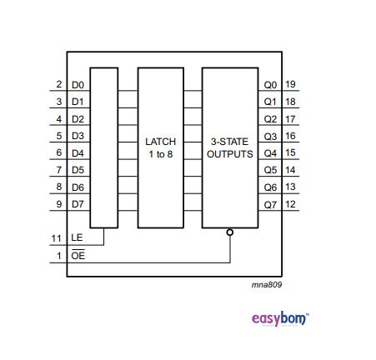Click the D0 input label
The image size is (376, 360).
click(78, 85)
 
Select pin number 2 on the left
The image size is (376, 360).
click(59, 85)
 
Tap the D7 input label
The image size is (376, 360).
click(78, 204)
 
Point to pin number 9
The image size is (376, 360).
click(59, 204)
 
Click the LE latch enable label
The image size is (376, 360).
click(78, 238)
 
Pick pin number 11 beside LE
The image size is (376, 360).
click(57, 238)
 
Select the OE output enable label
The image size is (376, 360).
click(78, 256)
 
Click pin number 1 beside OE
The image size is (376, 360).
click(59, 256)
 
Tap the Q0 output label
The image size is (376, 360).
click(270, 85)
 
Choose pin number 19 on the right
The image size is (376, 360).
click(291, 85)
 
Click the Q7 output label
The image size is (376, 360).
click(270, 204)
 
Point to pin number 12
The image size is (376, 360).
click(291, 204)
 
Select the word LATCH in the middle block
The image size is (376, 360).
click(160, 142)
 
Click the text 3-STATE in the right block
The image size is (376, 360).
click(229, 142)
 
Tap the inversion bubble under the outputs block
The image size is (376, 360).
click(230, 232)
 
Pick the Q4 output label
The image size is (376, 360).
click(270, 153)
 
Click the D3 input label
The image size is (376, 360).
click(78, 136)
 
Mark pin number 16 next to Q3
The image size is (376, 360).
click(291, 136)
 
